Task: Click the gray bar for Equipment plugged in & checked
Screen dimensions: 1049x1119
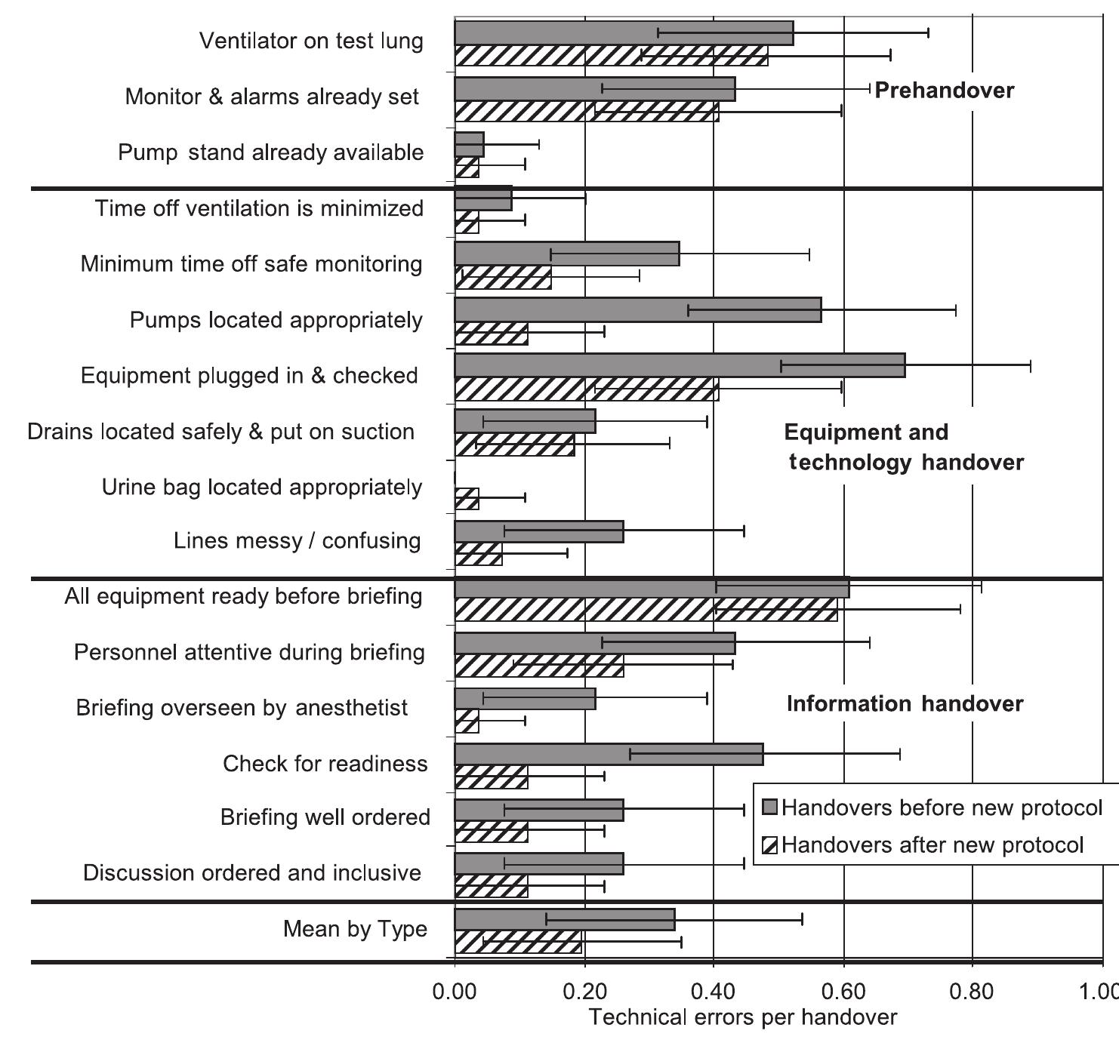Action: click(680, 366)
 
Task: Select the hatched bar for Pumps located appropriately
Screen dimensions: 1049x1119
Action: click(492, 334)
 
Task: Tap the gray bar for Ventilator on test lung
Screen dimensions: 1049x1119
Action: click(624, 33)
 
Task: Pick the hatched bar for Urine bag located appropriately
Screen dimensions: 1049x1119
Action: click(467, 499)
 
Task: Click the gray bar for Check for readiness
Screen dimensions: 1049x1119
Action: click(609, 754)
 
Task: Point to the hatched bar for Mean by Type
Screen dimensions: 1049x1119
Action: click(518, 942)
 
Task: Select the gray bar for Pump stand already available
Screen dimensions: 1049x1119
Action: click(469, 144)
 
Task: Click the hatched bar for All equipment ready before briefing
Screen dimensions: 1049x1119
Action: click(646, 610)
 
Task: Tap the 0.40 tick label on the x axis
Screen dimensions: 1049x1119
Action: click(713, 991)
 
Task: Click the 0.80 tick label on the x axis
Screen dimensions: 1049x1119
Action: click(972, 991)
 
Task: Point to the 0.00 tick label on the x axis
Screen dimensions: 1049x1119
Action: click(455, 991)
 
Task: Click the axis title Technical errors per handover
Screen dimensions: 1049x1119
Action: click(743, 1017)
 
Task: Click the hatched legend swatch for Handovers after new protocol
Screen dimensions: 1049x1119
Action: click(770, 845)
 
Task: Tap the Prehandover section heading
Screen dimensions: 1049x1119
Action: click(944, 91)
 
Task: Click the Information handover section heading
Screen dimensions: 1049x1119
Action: click(905, 704)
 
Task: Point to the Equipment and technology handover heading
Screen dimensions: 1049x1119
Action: click(905, 447)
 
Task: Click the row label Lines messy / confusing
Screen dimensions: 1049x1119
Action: click(297, 541)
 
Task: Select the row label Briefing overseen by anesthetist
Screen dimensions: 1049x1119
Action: click(242, 708)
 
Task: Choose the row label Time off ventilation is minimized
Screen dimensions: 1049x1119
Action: click(259, 208)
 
